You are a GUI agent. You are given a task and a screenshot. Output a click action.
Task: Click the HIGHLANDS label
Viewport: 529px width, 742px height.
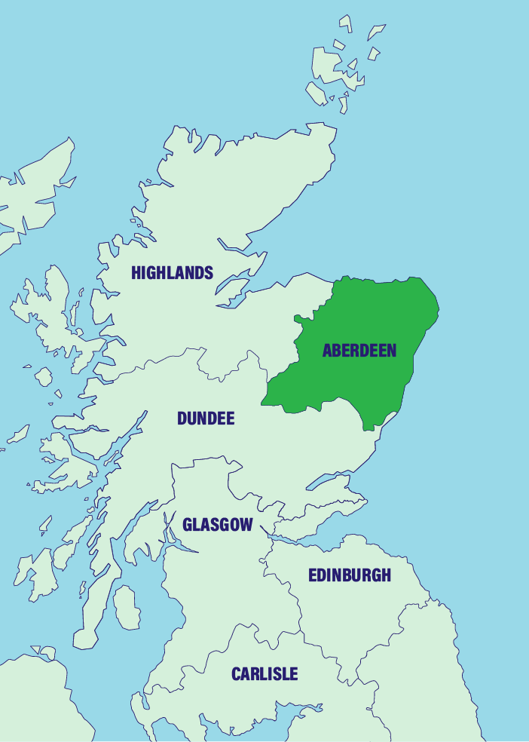[172, 273]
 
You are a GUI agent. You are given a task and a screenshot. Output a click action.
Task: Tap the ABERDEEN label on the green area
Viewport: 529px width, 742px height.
[359, 351]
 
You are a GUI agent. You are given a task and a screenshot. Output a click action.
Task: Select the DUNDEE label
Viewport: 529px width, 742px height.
[206, 419]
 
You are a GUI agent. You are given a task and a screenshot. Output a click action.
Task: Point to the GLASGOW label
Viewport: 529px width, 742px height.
[217, 525]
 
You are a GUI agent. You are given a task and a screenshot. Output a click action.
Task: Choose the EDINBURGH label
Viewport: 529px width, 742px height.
[350, 575]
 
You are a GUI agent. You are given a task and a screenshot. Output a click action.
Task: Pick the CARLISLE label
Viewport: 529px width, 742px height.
[264, 674]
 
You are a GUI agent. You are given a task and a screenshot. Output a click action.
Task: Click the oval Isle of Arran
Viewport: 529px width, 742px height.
[127, 608]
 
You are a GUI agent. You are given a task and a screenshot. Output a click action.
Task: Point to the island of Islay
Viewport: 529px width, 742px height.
[34, 569]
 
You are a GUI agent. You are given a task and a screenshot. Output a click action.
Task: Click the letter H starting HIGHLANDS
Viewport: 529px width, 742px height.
[136, 273]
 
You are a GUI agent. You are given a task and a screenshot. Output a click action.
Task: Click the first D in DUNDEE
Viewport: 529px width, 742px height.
[182, 419]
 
